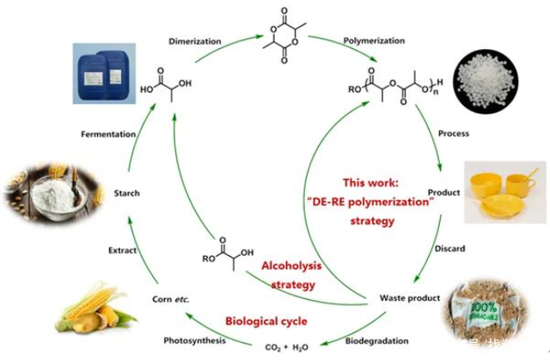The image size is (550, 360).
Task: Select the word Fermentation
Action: point(108,134)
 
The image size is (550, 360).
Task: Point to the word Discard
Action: point(449,249)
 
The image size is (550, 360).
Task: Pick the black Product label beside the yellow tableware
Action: point(443,192)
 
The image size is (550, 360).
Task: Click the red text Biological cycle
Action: point(266,321)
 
